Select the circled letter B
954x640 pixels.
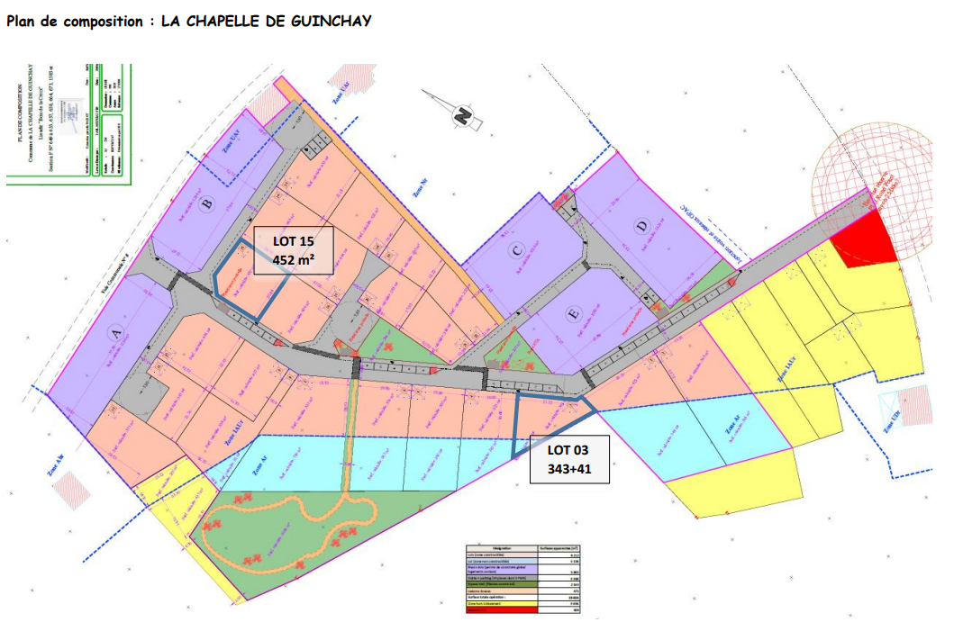point(207,205)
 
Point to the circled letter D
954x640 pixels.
point(641,227)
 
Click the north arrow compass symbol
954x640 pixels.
point(460,113)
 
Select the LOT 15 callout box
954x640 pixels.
point(293,250)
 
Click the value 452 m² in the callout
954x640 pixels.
point(293,261)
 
